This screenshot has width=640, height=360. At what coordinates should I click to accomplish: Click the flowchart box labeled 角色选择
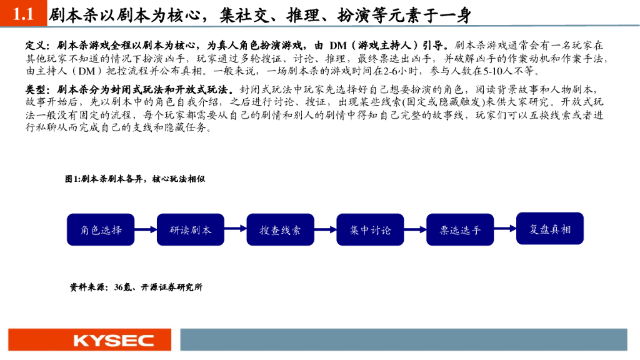point(101,229)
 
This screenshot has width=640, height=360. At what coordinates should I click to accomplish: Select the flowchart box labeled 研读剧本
point(191,229)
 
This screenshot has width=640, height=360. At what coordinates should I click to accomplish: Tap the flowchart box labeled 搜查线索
point(280,229)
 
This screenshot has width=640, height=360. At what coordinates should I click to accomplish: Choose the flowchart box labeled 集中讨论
point(370,229)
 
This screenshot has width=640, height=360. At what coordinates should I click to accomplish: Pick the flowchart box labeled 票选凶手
point(460,229)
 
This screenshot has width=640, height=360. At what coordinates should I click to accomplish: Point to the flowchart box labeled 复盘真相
point(550,229)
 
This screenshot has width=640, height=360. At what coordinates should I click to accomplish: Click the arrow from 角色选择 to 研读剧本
point(146,230)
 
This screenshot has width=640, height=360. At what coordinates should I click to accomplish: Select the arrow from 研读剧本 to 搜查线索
point(236,230)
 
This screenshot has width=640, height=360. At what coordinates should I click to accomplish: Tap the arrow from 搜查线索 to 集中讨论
point(325,230)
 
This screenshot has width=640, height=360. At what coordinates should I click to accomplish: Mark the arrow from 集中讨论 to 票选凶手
point(415,230)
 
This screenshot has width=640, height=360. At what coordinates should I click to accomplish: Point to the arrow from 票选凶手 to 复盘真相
point(505,230)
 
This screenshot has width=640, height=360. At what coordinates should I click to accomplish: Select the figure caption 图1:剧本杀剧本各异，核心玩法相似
point(135,179)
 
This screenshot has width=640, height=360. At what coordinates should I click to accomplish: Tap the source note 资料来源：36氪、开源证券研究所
point(136,287)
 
